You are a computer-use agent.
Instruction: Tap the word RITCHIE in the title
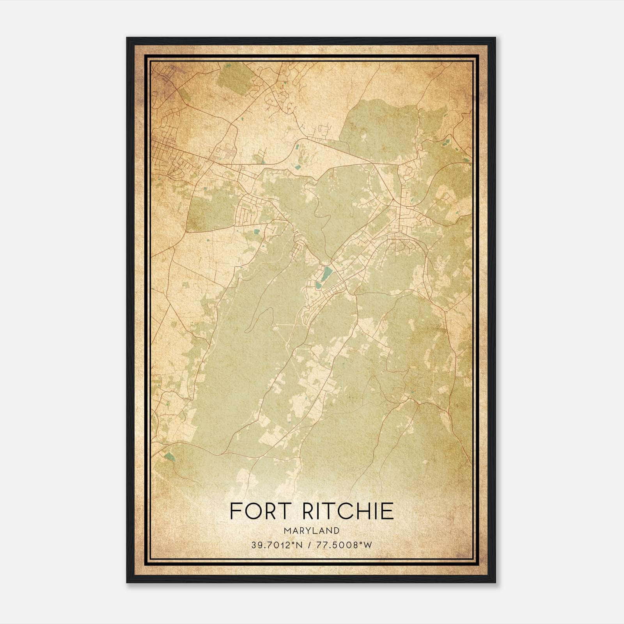348,511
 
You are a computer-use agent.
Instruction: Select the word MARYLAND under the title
312,531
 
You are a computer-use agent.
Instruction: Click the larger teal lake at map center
326,273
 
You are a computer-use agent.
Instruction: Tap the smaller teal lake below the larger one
319,286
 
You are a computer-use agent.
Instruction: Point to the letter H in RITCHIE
371,511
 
